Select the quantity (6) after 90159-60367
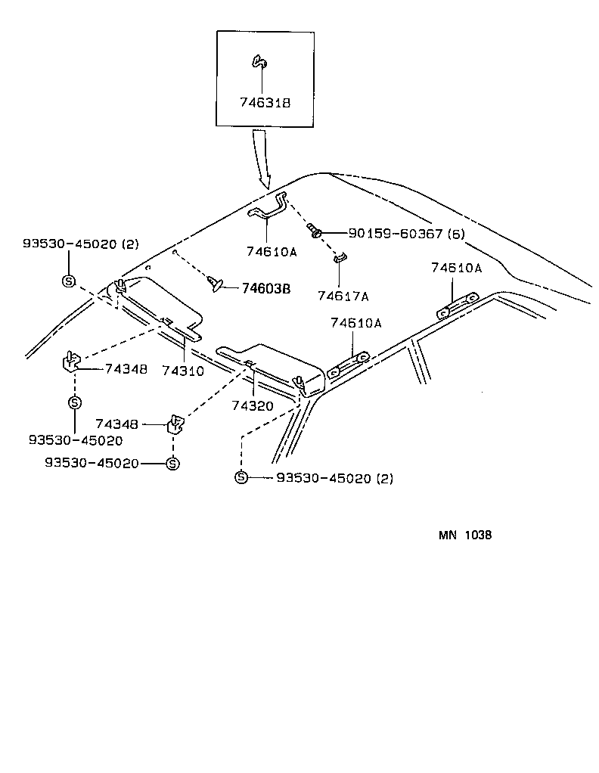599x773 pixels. pos(455,233)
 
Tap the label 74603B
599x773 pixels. pos(266,288)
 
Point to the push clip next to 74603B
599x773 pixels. pos(216,284)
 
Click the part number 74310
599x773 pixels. pos(182,371)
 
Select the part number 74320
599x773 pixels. pos(253,405)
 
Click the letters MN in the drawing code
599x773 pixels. pos(448,535)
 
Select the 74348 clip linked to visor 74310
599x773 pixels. pos(70,362)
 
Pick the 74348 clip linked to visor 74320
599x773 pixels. pos(175,425)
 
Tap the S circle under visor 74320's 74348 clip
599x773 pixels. pos(172,464)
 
